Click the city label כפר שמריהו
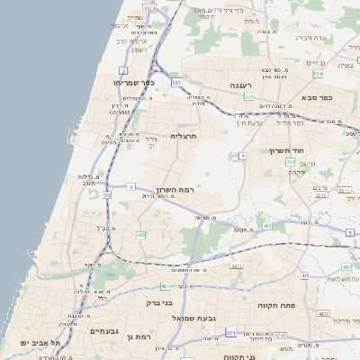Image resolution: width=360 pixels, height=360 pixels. click(x=135, y=83)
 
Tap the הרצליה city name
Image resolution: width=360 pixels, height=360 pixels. click(x=183, y=136)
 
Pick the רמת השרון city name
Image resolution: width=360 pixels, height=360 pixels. click(x=175, y=191)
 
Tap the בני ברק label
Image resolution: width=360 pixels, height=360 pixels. click(x=159, y=303)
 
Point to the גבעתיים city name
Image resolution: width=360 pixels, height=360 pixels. click(x=104, y=331)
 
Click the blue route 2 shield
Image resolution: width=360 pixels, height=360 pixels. click(x=122, y=70)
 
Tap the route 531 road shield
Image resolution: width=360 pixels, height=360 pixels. click(x=177, y=83)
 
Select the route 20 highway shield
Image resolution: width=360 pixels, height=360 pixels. click(x=107, y=194)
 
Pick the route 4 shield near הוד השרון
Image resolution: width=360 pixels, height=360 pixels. click(x=242, y=157)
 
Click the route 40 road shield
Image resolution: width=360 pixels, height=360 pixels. click(x=305, y=274)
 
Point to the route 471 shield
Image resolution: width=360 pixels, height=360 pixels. click(x=231, y=333)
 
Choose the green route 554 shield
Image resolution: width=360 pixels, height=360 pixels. click(x=291, y=162)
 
